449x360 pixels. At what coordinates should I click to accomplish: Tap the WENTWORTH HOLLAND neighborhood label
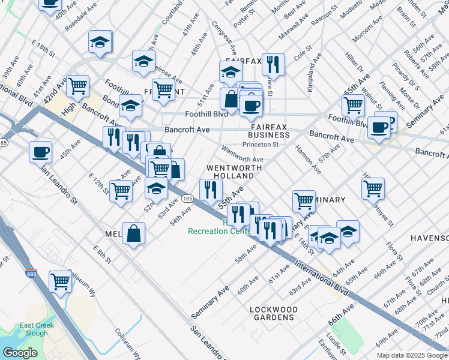coord(234,172)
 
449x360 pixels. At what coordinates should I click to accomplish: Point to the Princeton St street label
coord(264,145)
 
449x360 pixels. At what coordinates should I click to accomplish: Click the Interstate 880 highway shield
coord(31,274)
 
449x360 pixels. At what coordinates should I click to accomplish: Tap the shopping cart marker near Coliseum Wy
coord(61,280)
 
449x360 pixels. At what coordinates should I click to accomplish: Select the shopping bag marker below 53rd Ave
coord(133,233)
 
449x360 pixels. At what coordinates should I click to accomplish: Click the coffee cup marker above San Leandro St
coord(41,151)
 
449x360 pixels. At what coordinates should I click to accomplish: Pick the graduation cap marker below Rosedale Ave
coord(100,41)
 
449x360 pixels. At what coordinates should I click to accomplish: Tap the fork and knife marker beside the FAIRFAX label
coord(273,63)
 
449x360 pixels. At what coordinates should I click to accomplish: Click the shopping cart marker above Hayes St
coord(373,188)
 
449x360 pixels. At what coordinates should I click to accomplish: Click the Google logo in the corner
coord(20,353)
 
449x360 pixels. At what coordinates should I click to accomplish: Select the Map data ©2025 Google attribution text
coord(412,355)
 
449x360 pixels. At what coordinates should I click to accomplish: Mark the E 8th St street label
coord(103,254)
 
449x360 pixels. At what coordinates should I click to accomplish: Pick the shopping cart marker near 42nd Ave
coord(77,86)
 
